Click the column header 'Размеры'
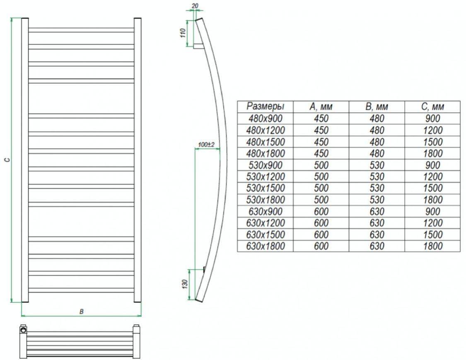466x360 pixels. (x=265, y=106)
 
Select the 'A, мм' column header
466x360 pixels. (x=321, y=106)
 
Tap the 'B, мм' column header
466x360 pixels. (x=377, y=106)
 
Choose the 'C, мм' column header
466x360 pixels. (x=432, y=106)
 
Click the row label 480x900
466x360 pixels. (x=266, y=118)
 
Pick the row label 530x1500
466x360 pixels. (x=266, y=188)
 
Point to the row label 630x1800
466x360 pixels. (x=266, y=246)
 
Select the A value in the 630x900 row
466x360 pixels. (x=321, y=211)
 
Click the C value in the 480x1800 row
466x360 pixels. (x=433, y=153)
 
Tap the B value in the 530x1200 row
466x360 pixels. (x=377, y=176)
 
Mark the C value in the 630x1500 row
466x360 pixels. (x=433, y=234)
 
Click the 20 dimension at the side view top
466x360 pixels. (x=195, y=6)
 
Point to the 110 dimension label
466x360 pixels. (x=183, y=33)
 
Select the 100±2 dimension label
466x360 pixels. (x=206, y=145)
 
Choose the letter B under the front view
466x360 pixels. (x=82, y=312)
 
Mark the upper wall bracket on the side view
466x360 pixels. (x=198, y=46)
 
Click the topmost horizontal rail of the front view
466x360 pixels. (x=81, y=30)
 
